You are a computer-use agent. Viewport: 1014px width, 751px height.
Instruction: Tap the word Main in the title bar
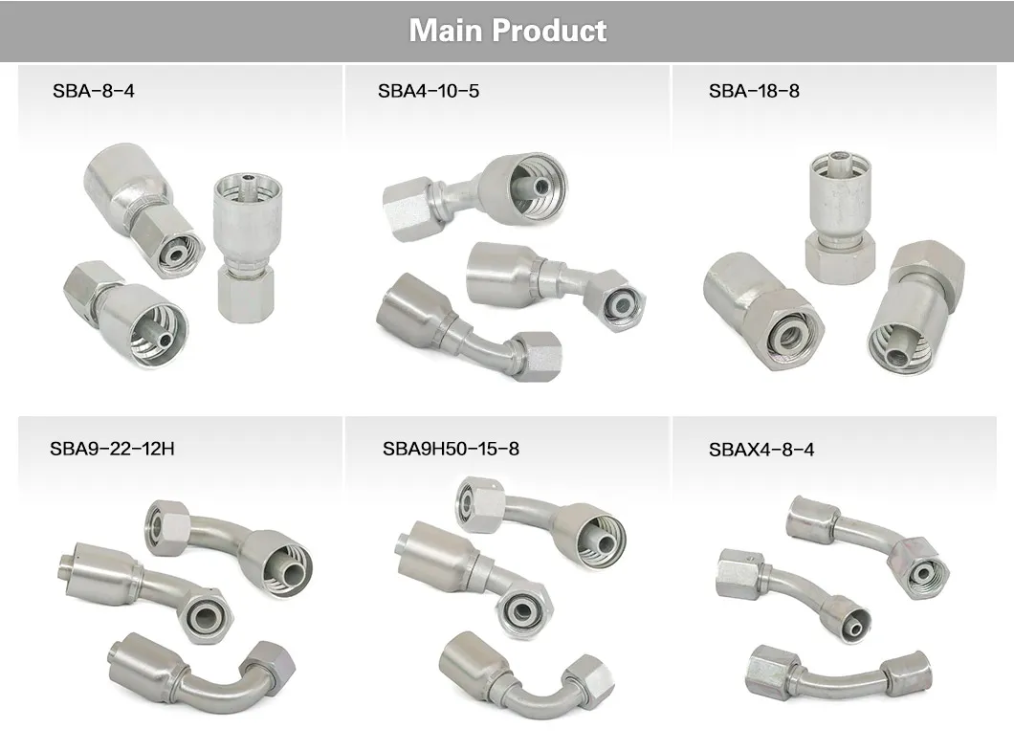pyautogui.click(x=444, y=31)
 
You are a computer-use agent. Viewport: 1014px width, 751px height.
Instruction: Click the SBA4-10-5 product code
pyautogui.click(x=429, y=92)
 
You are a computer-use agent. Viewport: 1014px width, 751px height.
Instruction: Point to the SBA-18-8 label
pyautogui.click(x=754, y=92)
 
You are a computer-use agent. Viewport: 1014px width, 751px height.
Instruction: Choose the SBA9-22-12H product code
pyautogui.click(x=112, y=448)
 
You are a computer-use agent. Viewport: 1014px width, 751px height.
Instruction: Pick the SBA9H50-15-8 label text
pyautogui.click(x=451, y=448)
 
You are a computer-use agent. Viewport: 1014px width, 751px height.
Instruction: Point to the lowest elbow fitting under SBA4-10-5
pyautogui.click(x=468, y=330)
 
